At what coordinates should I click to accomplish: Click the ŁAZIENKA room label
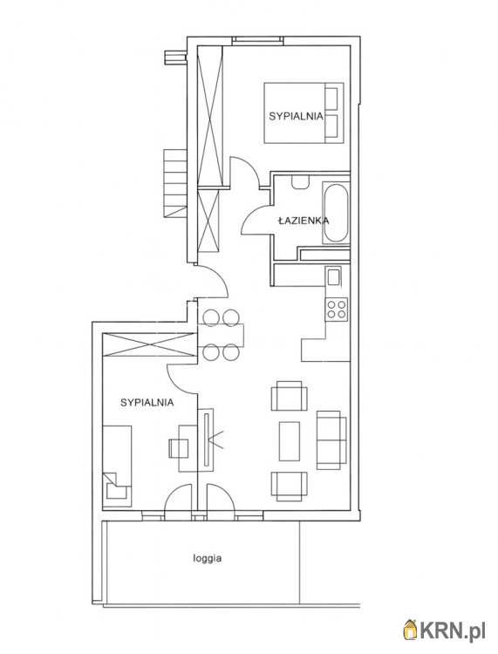coord(304,221)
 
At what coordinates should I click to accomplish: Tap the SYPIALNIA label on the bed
coord(297,116)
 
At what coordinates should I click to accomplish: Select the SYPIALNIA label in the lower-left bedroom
coord(147,403)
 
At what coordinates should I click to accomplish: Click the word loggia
coord(208,558)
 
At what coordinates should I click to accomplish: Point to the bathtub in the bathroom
coord(336,213)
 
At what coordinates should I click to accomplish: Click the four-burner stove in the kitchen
coord(337,309)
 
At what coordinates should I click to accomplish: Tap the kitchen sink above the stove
coord(334,277)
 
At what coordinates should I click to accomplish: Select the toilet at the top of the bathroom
coord(300,182)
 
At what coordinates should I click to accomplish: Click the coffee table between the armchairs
coord(290,441)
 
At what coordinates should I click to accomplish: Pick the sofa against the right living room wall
coord(331,440)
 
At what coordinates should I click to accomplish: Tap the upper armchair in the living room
coord(290,396)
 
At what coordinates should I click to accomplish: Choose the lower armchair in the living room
coord(290,486)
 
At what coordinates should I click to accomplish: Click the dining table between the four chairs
coord(221,336)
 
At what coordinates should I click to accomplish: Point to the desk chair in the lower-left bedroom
coord(174,448)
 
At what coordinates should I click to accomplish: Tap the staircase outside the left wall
coord(174,183)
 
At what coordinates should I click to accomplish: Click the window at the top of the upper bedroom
coord(257,39)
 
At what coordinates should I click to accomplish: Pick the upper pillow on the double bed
coord(331,99)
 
